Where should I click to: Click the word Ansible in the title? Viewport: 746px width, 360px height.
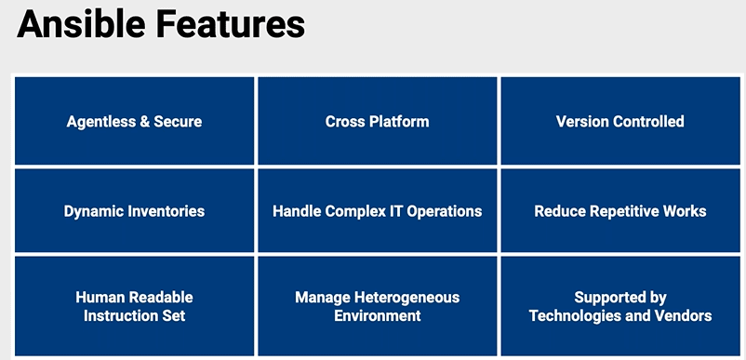[x=81, y=24]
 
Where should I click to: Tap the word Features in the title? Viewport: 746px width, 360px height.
[x=231, y=24]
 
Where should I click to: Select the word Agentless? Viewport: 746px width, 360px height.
[x=100, y=122]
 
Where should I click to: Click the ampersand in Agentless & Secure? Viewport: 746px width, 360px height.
[x=144, y=121]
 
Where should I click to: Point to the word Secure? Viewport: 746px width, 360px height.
[x=178, y=121]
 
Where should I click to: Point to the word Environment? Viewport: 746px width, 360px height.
[x=378, y=315]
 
